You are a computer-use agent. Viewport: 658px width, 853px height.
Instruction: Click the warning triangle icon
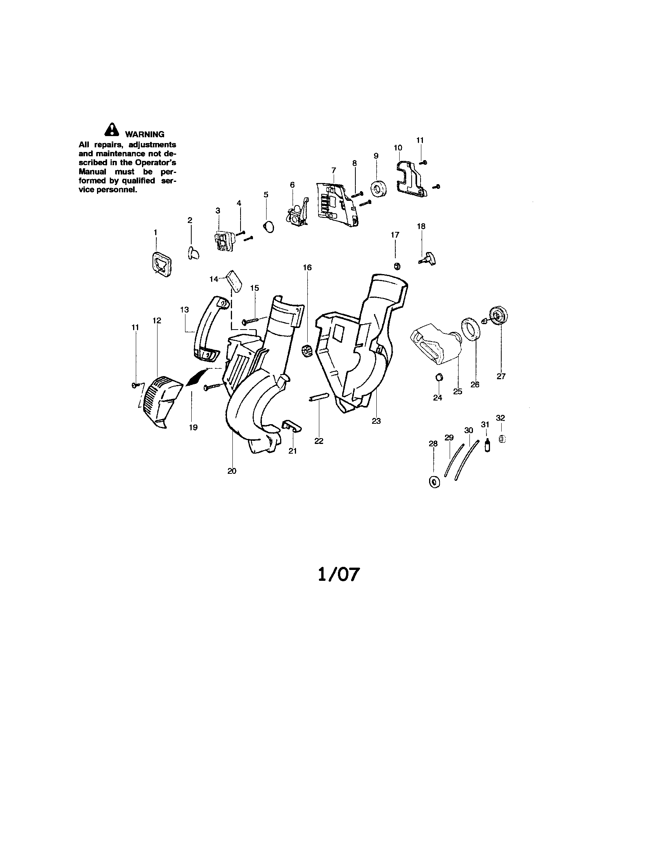pos(112,130)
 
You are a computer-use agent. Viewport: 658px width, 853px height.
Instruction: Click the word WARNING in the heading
pos(144,135)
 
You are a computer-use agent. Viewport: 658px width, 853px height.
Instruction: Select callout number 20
pos(232,471)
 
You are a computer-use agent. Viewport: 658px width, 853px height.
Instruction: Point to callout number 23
pos(376,421)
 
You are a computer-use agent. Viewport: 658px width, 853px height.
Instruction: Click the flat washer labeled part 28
pos(434,482)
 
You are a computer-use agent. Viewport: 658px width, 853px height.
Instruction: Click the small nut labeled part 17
pos(396,266)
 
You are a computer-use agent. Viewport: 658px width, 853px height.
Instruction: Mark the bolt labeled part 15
pos(255,321)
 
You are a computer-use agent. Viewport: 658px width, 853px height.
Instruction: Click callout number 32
pos(500,418)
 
